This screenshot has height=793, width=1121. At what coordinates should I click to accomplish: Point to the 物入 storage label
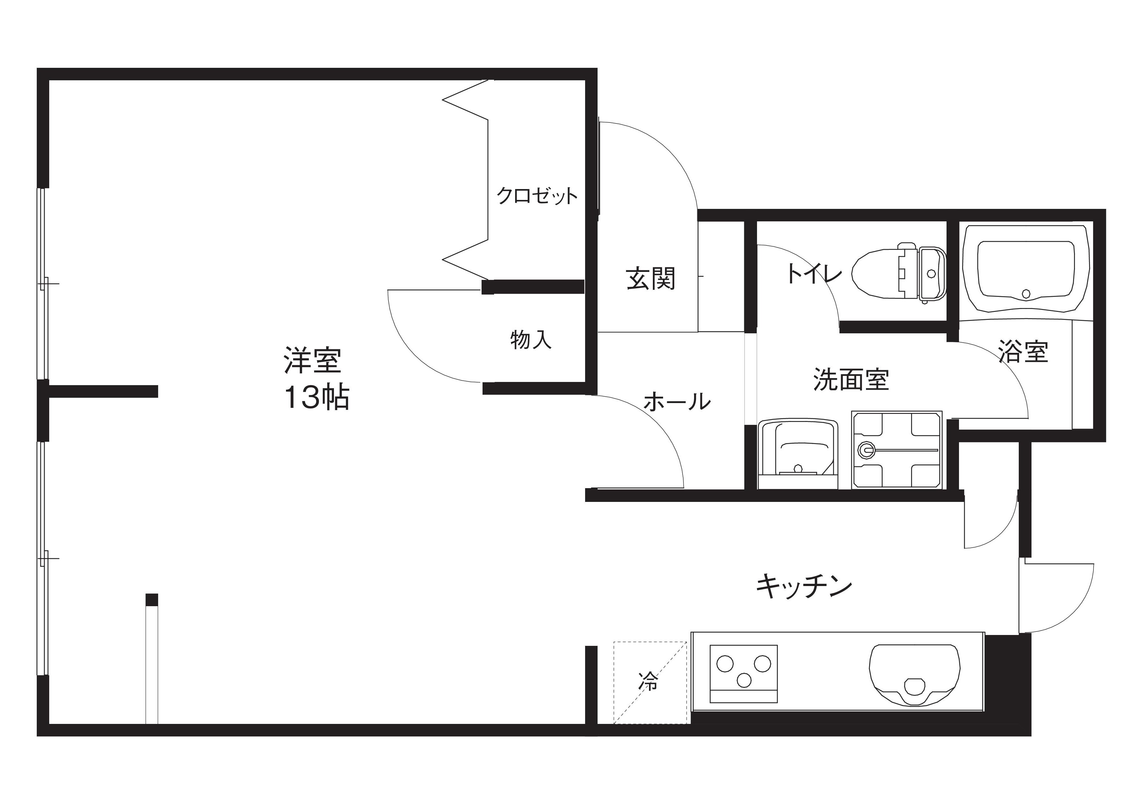pyautogui.click(x=531, y=340)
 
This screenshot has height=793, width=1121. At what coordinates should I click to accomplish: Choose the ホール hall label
pyautogui.click(x=677, y=402)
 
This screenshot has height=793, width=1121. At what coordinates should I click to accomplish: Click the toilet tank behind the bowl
pyautogui.click(x=932, y=274)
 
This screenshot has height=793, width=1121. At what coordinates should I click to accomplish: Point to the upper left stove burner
pyautogui.click(x=725, y=663)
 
